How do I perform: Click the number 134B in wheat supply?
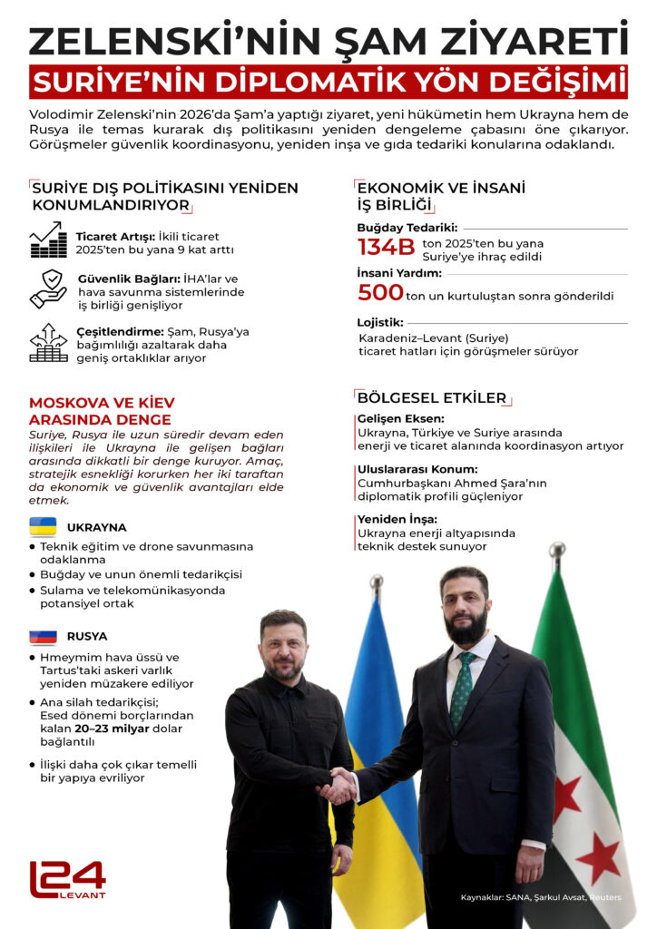point(386,248)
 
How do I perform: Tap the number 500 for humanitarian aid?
point(380,293)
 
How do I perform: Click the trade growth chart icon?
point(48,240)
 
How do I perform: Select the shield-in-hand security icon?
point(48,288)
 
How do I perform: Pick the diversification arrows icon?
point(48,343)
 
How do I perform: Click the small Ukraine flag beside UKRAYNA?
point(43,526)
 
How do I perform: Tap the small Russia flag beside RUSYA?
point(43,636)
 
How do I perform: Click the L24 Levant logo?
point(68,879)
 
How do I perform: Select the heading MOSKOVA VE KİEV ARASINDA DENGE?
point(102,411)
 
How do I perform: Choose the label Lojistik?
point(380,321)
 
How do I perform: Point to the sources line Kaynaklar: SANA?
point(540,897)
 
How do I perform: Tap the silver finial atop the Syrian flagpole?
point(557,551)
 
